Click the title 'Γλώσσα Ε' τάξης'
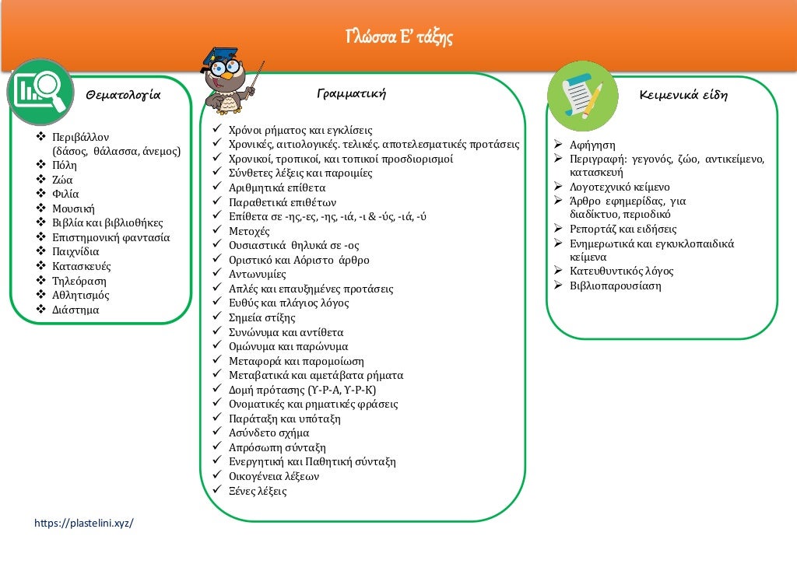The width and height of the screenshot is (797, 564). tap(398, 37)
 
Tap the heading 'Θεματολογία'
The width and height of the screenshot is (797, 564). tap(123, 96)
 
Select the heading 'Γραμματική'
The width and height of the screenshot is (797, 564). tap(352, 94)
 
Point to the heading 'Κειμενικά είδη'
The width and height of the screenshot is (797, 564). tap(683, 96)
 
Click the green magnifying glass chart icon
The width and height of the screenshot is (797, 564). tap(40, 92)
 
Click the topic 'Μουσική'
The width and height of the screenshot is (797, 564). tap(73, 208)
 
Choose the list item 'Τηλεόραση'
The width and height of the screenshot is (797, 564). tap(79, 281)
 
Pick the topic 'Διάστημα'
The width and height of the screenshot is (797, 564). tap(75, 310)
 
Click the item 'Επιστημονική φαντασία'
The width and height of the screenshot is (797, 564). tap(111, 237)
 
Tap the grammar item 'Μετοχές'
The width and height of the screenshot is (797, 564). tap(249, 231)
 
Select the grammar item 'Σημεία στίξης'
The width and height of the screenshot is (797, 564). tap(262, 317)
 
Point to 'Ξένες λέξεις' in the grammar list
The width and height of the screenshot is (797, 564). tap(258, 491)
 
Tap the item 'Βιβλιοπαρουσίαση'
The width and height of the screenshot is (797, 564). tap(615, 286)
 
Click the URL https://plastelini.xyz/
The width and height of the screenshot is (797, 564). tap(84, 523)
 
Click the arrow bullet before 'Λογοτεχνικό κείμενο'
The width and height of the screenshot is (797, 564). tap(558, 187)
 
